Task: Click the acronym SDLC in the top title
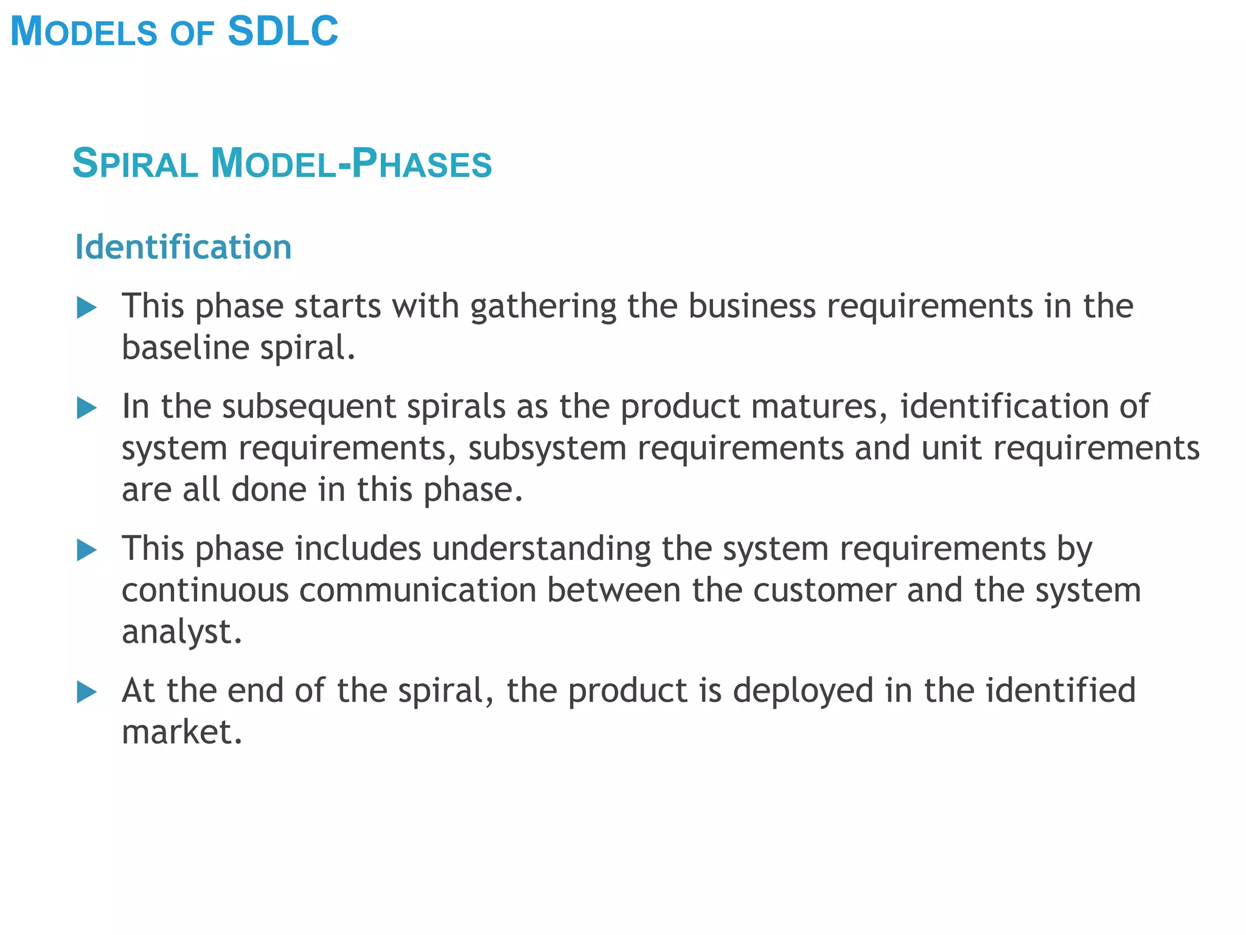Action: click(x=283, y=32)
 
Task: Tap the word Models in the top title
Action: click(x=84, y=32)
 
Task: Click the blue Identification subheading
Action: click(x=183, y=247)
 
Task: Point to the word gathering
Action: click(x=543, y=306)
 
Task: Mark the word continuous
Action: click(x=205, y=590)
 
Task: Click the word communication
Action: click(x=417, y=590)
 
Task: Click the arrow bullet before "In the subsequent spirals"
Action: click(x=87, y=408)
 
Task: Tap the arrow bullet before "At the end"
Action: click(x=87, y=693)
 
